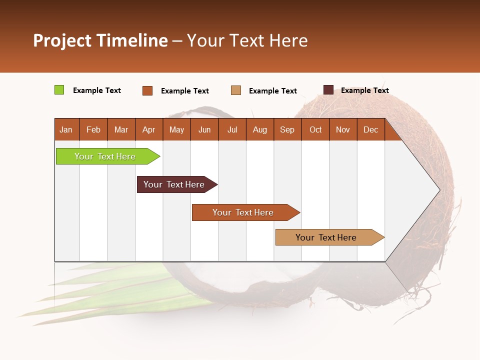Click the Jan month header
click(66, 129)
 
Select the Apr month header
click(149, 129)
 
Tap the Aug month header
click(260, 129)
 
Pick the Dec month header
click(370, 129)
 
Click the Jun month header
click(204, 129)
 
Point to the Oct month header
click(315, 129)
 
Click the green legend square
click(59, 90)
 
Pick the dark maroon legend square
click(328, 90)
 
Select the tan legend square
click(236, 90)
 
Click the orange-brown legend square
click(147, 90)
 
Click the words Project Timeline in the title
click(100, 40)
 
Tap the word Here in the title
click(288, 40)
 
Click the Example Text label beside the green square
click(97, 90)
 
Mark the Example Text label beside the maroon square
click(364, 90)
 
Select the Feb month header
click(93, 129)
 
